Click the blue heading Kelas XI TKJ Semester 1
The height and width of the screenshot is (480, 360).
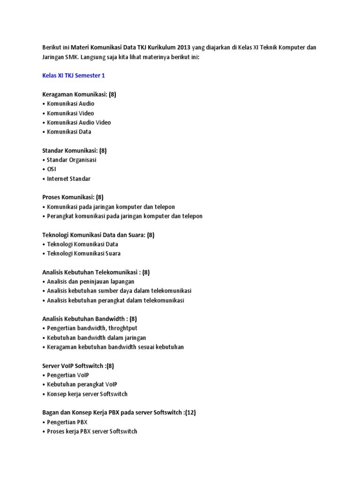[x=74, y=75]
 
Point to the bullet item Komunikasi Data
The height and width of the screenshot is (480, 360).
[x=69, y=132]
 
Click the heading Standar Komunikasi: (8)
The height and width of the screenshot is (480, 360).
[x=74, y=150]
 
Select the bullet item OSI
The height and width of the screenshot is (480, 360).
[x=51, y=169]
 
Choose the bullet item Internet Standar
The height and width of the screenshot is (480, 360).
[x=68, y=179]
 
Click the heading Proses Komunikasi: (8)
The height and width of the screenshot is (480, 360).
[x=73, y=197]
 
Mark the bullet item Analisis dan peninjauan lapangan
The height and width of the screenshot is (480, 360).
[x=90, y=282]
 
